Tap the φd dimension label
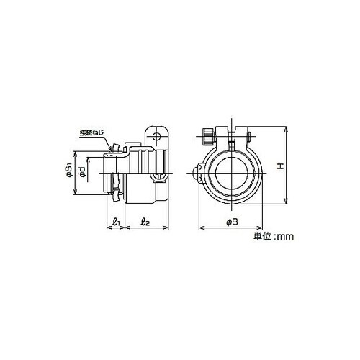click(82, 172)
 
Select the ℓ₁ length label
click(116, 222)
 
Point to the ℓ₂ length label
click(145, 222)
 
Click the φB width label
click(232, 222)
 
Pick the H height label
click(280, 166)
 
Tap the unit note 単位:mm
click(274, 237)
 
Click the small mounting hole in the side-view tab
click(157, 137)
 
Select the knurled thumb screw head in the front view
click(207, 137)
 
